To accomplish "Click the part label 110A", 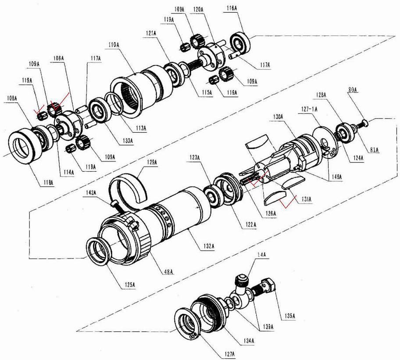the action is pos(114,45).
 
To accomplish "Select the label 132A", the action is pos(209,246).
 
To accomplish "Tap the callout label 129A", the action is pos(152,162).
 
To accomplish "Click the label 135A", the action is pos(290,316).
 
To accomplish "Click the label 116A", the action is pos(232,8).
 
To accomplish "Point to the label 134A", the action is pos(249,341).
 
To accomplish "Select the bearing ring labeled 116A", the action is pos(240,43).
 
